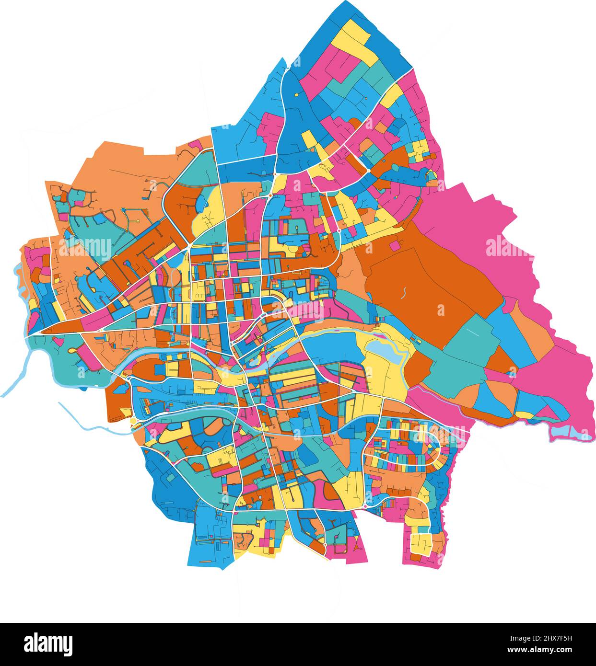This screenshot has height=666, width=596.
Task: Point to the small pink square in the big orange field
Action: pyautogui.click(x=394, y=245)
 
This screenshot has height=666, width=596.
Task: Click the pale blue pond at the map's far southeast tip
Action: pyautogui.click(x=571, y=433)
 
